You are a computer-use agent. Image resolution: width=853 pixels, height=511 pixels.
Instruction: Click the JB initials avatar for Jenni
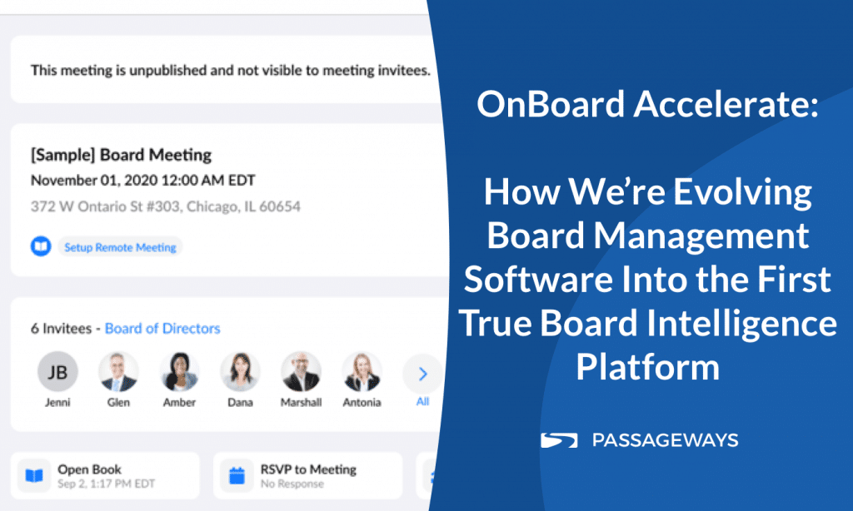pyautogui.click(x=57, y=372)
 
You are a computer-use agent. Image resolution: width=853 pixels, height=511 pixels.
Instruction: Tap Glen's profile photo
pyautogui.click(x=118, y=372)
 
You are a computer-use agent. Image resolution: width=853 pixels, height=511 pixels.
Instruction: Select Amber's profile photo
pyautogui.click(x=179, y=372)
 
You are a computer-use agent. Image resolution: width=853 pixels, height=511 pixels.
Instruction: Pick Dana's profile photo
pyautogui.click(x=240, y=372)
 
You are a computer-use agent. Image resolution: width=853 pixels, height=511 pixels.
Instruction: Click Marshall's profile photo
pyautogui.click(x=301, y=372)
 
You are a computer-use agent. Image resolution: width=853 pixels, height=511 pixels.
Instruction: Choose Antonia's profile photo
pyautogui.click(x=362, y=372)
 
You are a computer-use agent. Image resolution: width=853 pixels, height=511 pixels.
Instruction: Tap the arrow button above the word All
pyautogui.click(x=422, y=374)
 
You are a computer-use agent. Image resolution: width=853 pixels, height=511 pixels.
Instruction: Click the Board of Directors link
pyautogui.click(x=162, y=329)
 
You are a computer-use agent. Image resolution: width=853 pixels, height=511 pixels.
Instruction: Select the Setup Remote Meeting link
pyautogui.click(x=120, y=247)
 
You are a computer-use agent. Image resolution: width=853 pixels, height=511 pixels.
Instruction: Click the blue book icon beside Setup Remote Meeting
pyautogui.click(x=41, y=246)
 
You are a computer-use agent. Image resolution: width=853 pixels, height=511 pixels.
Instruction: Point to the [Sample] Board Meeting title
pyautogui.click(x=121, y=155)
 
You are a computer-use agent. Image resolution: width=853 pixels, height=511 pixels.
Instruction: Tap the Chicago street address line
pyautogui.click(x=166, y=206)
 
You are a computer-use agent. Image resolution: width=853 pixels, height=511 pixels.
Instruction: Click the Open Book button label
pyautogui.click(x=89, y=469)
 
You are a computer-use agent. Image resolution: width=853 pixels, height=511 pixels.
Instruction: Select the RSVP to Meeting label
pyautogui.click(x=308, y=469)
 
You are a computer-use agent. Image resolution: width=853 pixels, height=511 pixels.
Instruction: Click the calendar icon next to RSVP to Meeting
pyautogui.click(x=237, y=476)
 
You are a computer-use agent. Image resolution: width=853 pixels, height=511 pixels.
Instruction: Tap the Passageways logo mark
pyautogui.click(x=559, y=440)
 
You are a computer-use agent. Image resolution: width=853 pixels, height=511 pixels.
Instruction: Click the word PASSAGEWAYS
pyautogui.click(x=665, y=440)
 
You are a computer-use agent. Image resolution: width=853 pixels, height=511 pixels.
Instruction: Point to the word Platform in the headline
pyautogui.click(x=648, y=367)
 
